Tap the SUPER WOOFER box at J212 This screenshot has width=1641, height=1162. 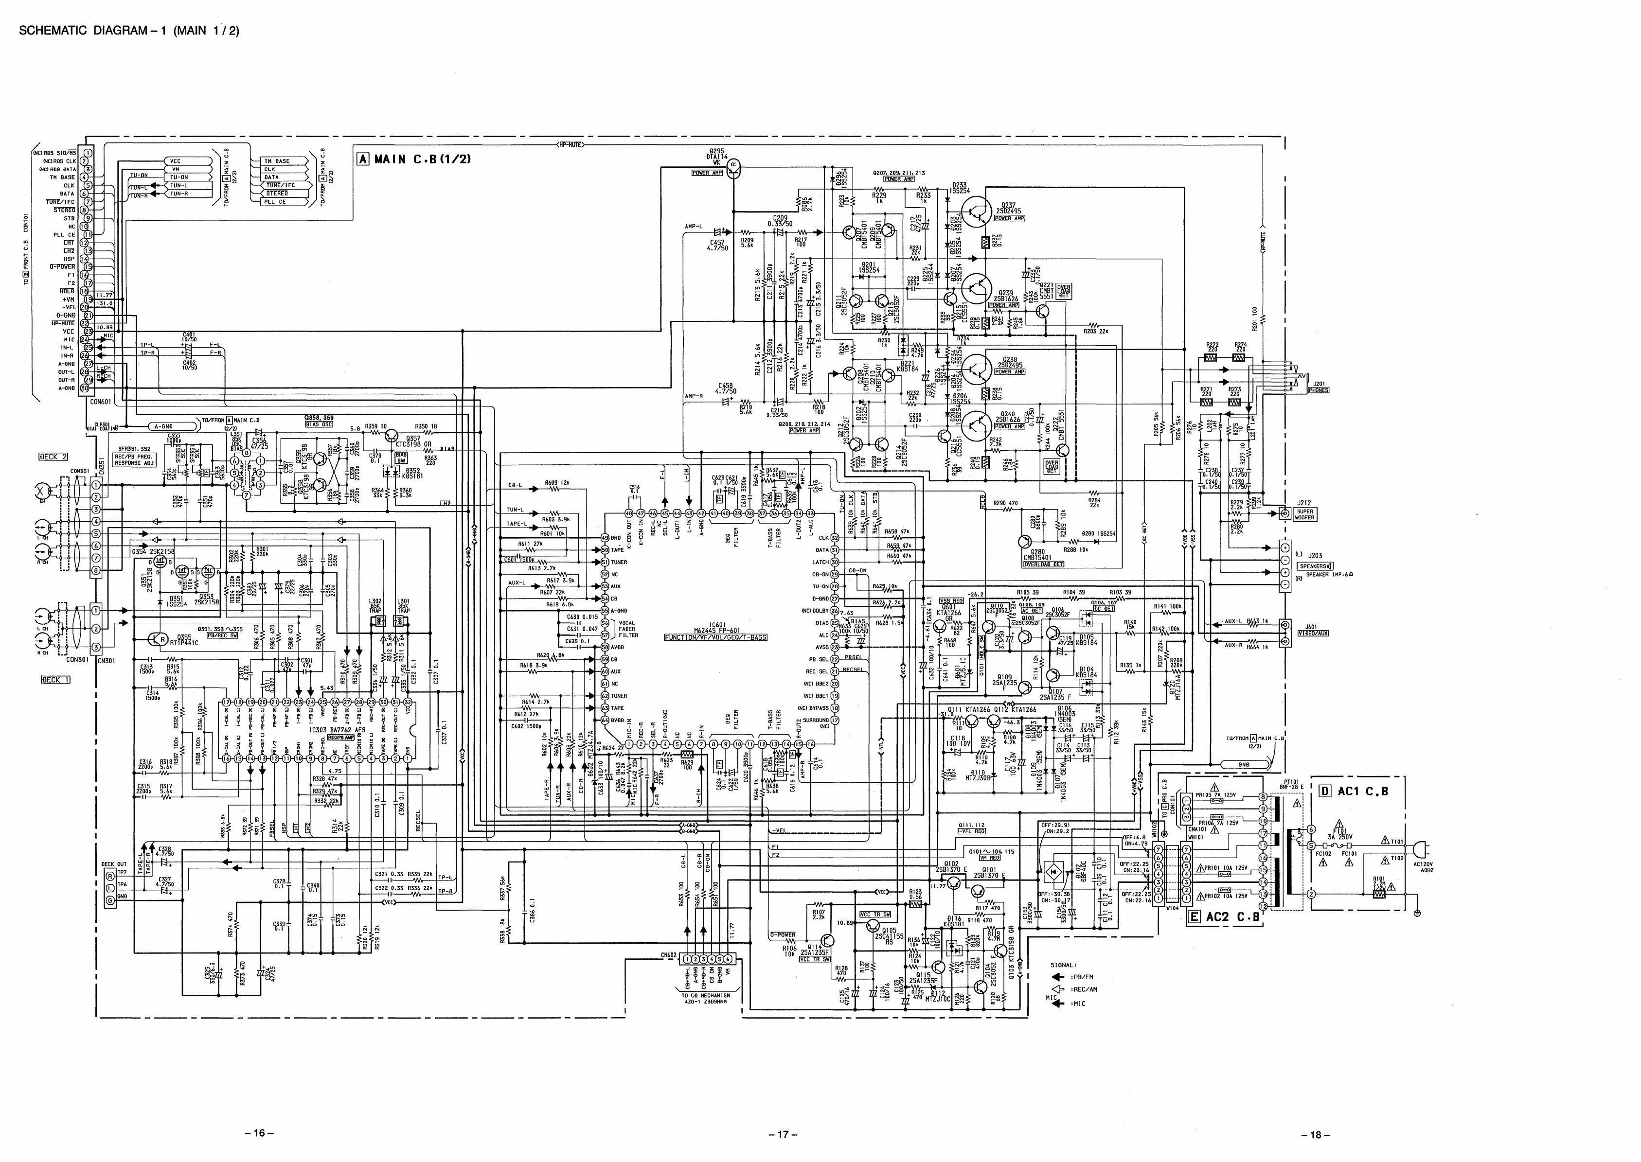coord(1304,514)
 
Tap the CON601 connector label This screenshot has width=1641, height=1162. coord(100,402)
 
